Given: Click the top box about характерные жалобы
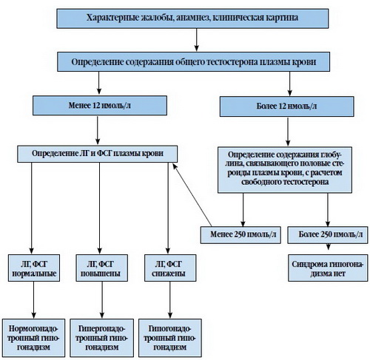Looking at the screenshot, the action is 192,18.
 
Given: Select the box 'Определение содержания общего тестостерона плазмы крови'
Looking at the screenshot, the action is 193,61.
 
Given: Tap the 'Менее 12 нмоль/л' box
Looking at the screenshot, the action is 100,106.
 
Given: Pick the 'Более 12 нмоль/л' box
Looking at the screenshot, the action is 287,106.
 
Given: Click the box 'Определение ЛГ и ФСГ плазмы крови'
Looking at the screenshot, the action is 97,154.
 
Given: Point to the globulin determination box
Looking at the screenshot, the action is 285,170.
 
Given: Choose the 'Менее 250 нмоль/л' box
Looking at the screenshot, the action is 240,235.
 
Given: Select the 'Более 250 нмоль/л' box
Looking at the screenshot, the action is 328,235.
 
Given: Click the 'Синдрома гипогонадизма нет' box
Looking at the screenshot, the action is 328,268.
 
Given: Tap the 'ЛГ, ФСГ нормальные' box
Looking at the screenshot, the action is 34,268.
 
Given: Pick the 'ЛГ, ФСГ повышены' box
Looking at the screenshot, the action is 102,268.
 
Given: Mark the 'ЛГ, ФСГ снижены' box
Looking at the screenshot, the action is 170,268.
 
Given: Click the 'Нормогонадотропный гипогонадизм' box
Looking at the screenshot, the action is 34,338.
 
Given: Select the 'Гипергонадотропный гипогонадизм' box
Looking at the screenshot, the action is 101,338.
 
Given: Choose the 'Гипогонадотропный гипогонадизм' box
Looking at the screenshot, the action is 170,338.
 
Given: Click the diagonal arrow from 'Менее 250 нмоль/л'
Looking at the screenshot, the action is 192,194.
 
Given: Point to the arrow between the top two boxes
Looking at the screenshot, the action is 197,40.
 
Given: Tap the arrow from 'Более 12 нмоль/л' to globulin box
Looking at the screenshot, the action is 288,132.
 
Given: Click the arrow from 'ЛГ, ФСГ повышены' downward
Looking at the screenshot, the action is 102,299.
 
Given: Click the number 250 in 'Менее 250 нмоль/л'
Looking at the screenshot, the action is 239,234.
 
